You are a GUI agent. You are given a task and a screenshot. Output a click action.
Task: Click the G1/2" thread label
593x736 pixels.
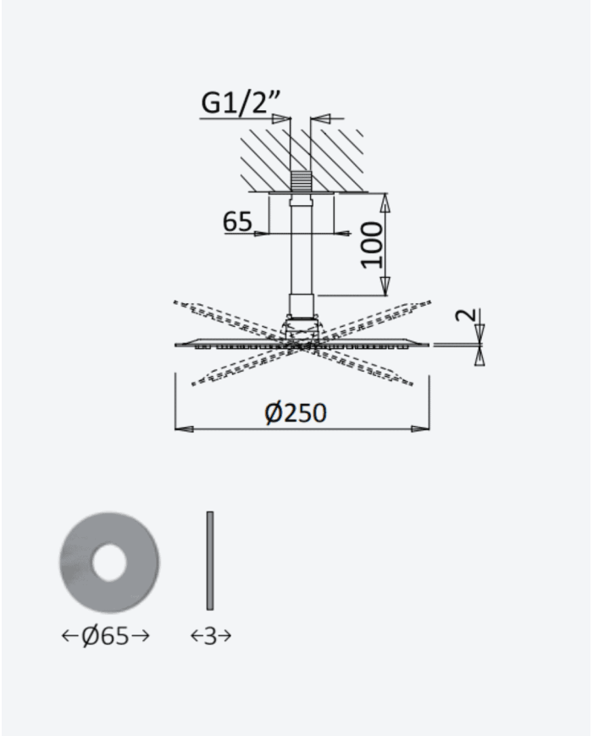point(241,102)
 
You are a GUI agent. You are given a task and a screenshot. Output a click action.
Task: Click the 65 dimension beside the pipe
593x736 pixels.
point(237,221)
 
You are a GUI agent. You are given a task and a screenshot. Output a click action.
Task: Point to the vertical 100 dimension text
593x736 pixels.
point(373,245)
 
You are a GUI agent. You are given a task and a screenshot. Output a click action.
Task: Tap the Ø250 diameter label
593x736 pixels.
point(296,413)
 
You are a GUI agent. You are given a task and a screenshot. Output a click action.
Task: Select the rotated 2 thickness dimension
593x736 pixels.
point(466,314)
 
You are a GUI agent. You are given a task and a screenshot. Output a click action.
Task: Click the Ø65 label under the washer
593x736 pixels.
point(105,636)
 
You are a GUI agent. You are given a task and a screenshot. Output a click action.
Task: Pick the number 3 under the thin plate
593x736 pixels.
point(210,637)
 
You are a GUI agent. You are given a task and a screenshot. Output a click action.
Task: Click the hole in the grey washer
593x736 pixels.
point(109,562)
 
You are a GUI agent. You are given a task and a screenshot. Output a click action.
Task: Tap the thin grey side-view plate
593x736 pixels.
point(210,561)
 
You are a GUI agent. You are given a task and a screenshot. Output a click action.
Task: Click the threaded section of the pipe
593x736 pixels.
point(300,181)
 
